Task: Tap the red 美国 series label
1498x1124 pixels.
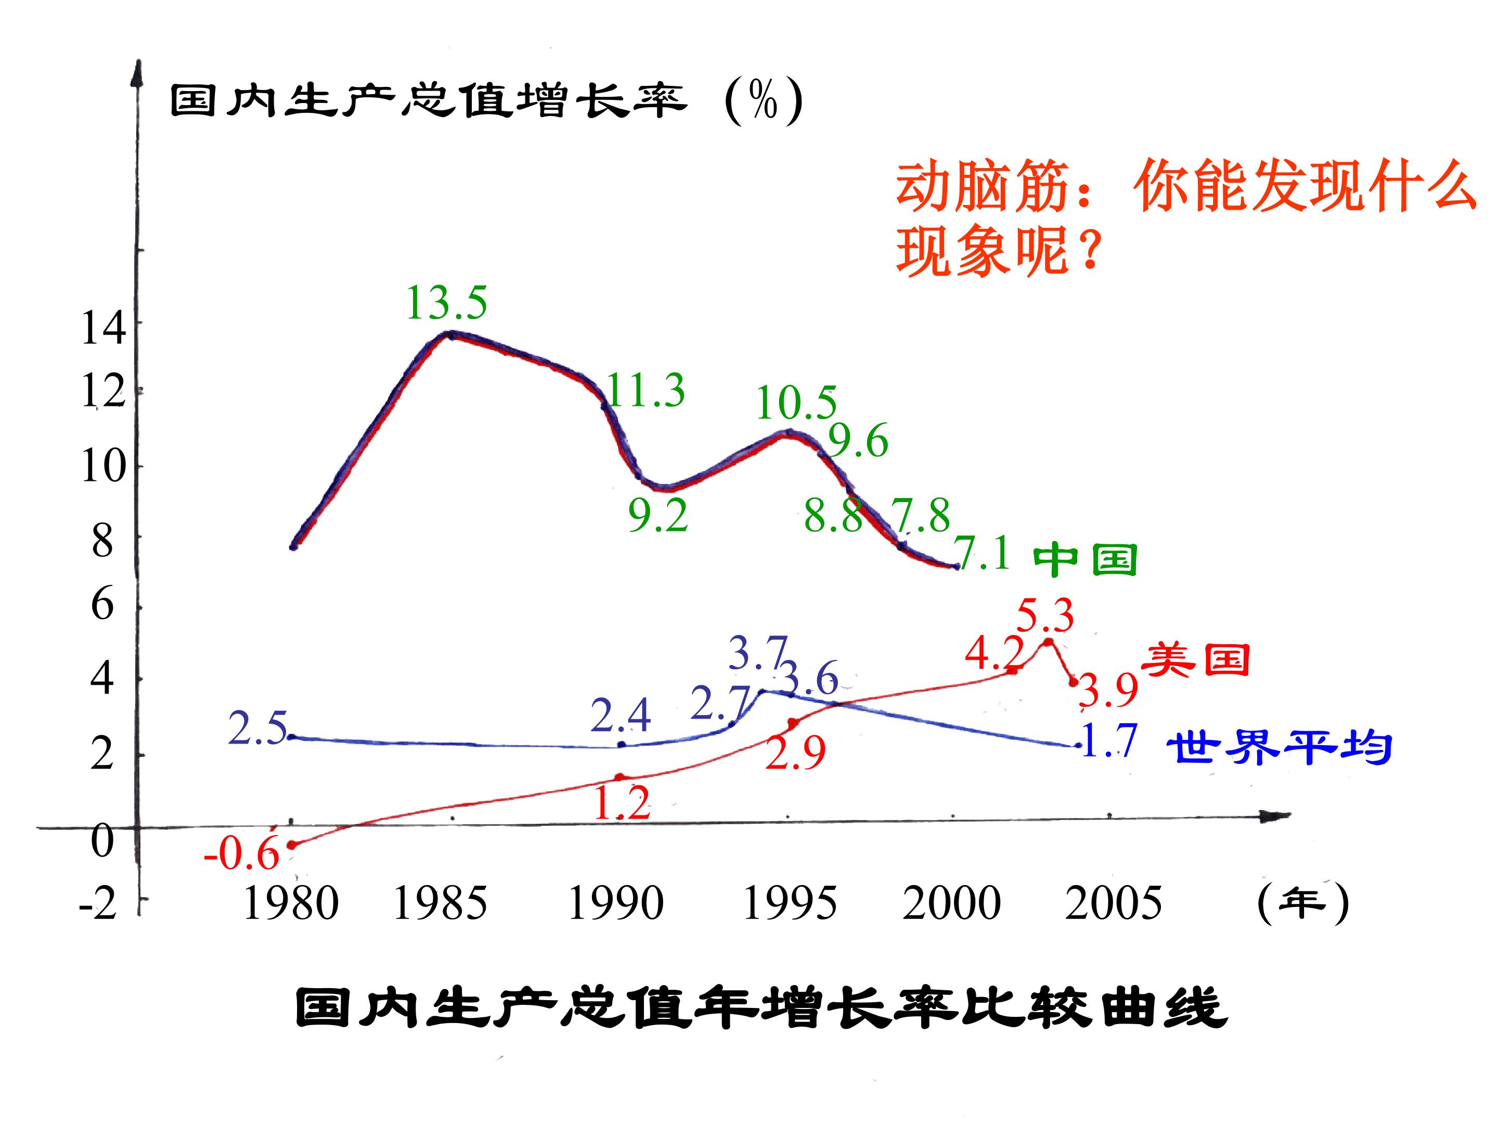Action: coord(1196,659)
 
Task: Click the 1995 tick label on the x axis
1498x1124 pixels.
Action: coord(790,904)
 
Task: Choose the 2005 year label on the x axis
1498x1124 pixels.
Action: coord(1113,904)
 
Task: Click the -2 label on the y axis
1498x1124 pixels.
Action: coord(98,904)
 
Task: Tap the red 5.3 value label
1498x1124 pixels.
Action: coord(1045,616)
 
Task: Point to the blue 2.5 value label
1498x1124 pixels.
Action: coord(258,729)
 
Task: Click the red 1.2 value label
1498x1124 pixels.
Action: coord(623,803)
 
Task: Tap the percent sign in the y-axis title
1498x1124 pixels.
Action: coord(763,103)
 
